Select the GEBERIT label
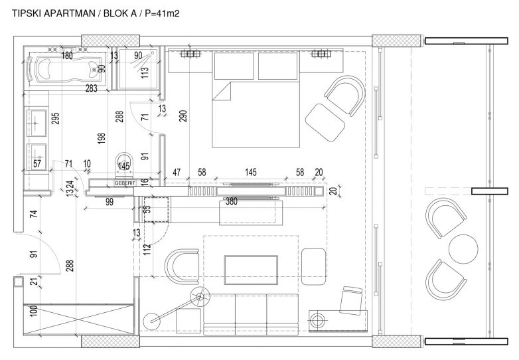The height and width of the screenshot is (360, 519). click(125, 182)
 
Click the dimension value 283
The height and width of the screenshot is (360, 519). click(92, 88)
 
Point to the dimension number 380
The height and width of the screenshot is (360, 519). click(231, 201)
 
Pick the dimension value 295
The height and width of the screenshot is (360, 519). click(56, 118)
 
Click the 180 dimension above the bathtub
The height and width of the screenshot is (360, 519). click(67, 56)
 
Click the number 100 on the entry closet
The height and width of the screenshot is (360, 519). click(31, 309)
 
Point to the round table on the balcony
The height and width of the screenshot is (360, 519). click(463, 248)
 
